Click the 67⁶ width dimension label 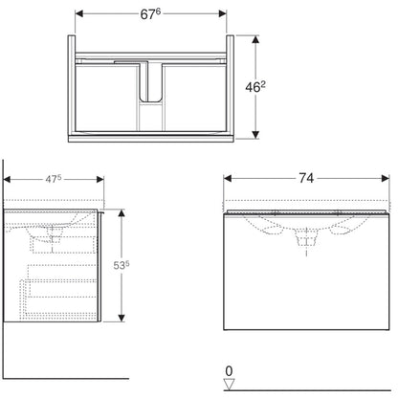pyautogui.click(x=151, y=14)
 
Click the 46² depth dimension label pyautogui.click(x=255, y=87)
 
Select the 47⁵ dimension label pyautogui.click(x=54, y=179)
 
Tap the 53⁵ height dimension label pyautogui.click(x=122, y=265)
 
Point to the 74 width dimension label pyautogui.click(x=306, y=178)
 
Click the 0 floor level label pyautogui.click(x=229, y=371)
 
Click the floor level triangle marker pyautogui.click(x=229, y=384)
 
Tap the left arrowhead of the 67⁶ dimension pyautogui.click(x=79, y=13)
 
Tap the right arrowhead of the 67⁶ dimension pyautogui.click(x=222, y=13)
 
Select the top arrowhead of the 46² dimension pyautogui.click(x=255, y=40)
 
